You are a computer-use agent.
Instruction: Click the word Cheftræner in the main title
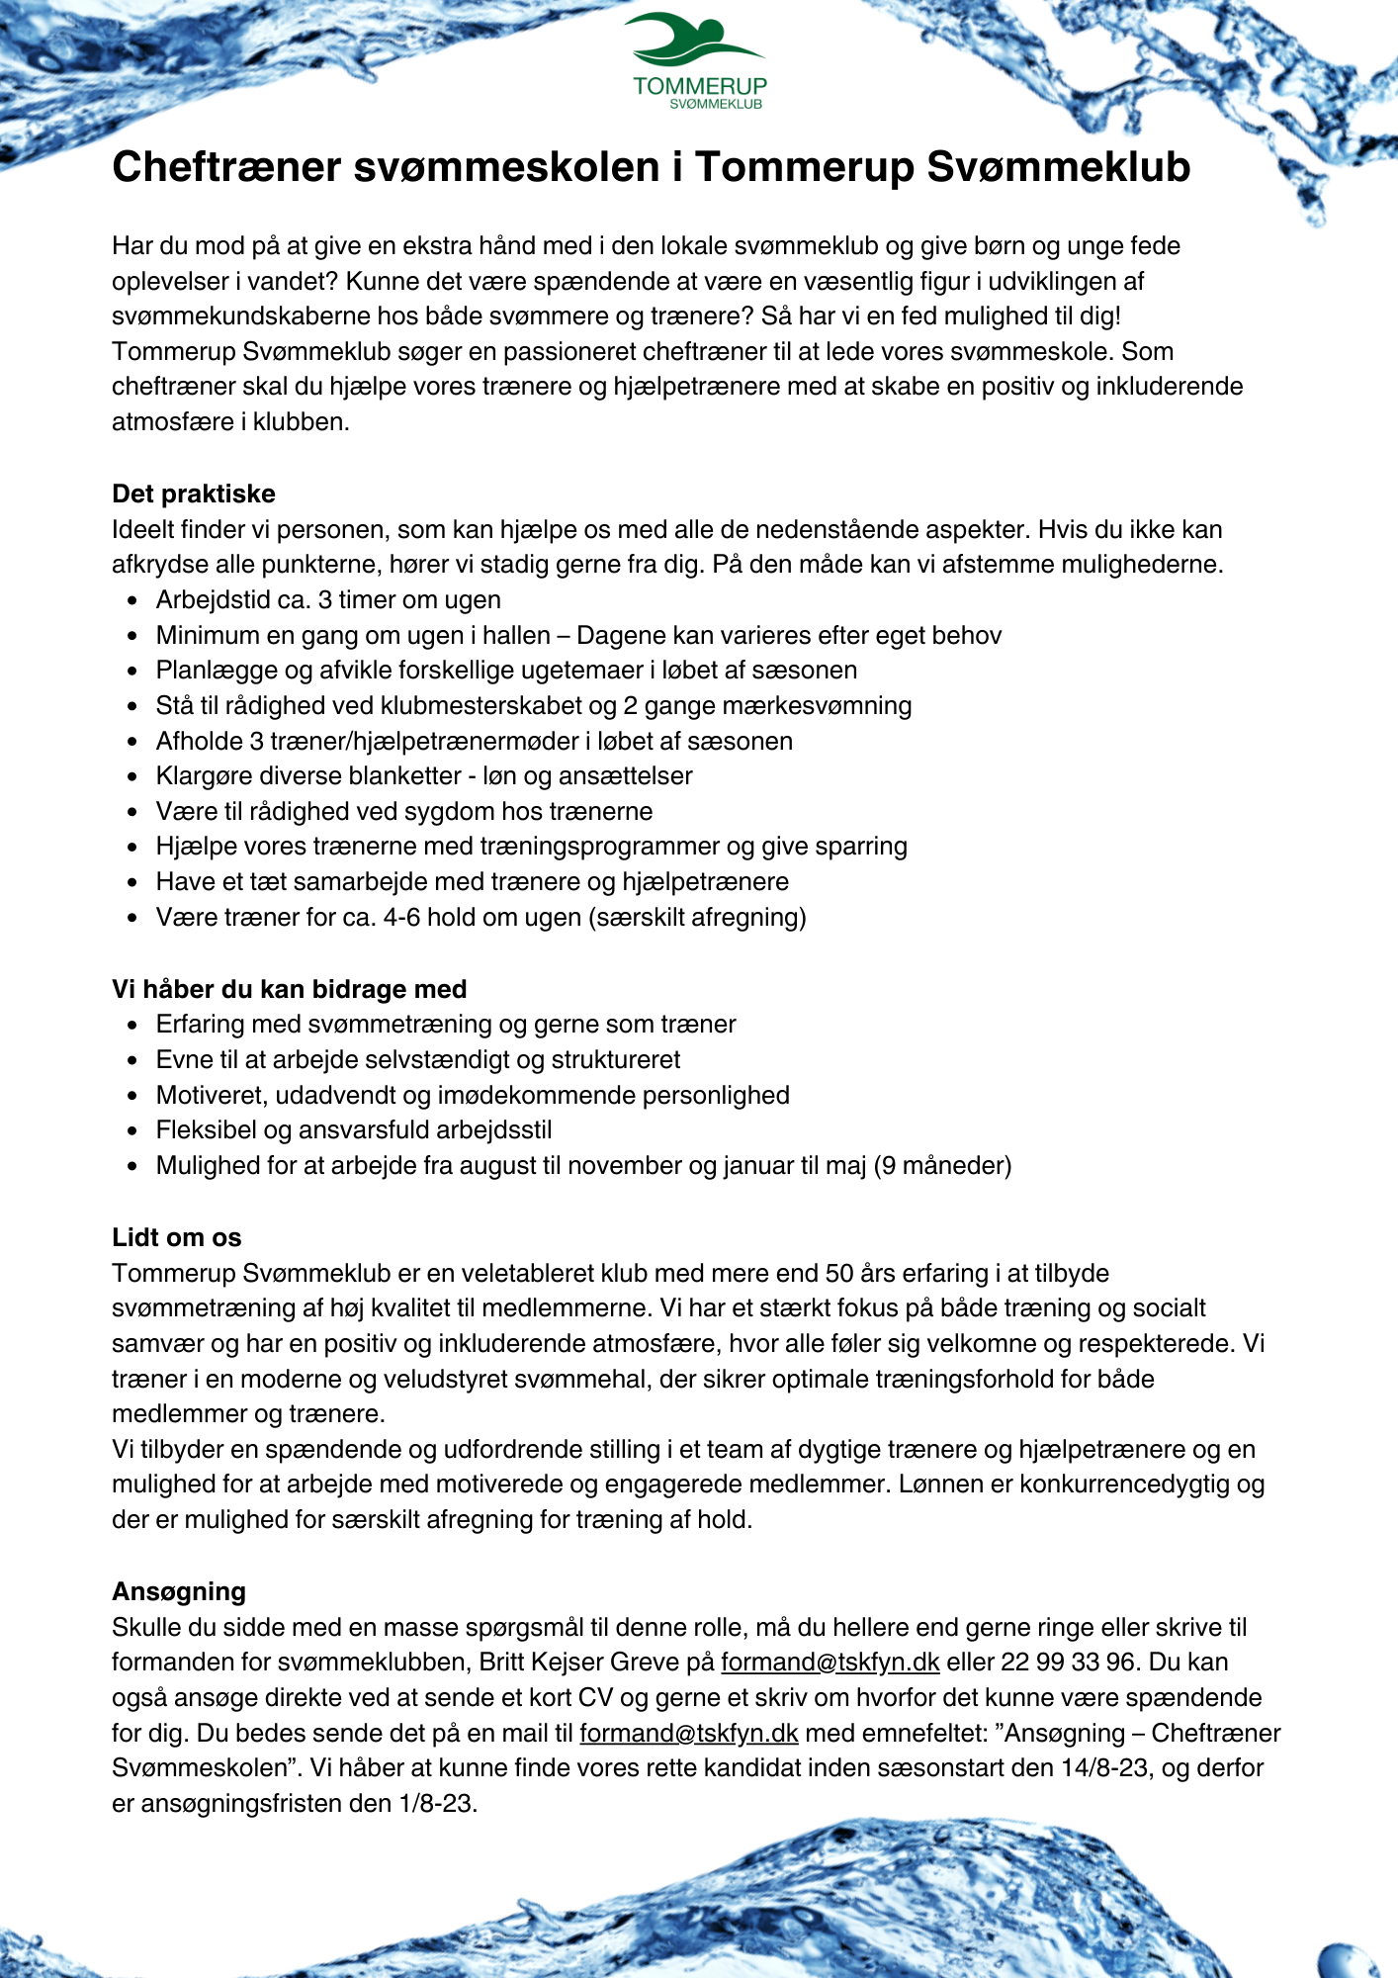[x=226, y=167]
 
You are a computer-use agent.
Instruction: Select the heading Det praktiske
[x=194, y=494]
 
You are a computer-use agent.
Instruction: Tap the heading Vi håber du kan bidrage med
[x=289, y=989]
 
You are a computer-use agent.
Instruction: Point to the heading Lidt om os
[x=176, y=1237]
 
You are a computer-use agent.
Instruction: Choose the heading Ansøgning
[x=179, y=1591]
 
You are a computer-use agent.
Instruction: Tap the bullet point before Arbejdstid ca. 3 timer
[x=132, y=600]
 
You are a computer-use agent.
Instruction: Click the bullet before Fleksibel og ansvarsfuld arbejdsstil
[x=132, y=1130]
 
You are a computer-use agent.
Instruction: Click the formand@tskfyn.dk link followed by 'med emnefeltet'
[x=688, y=1733]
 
